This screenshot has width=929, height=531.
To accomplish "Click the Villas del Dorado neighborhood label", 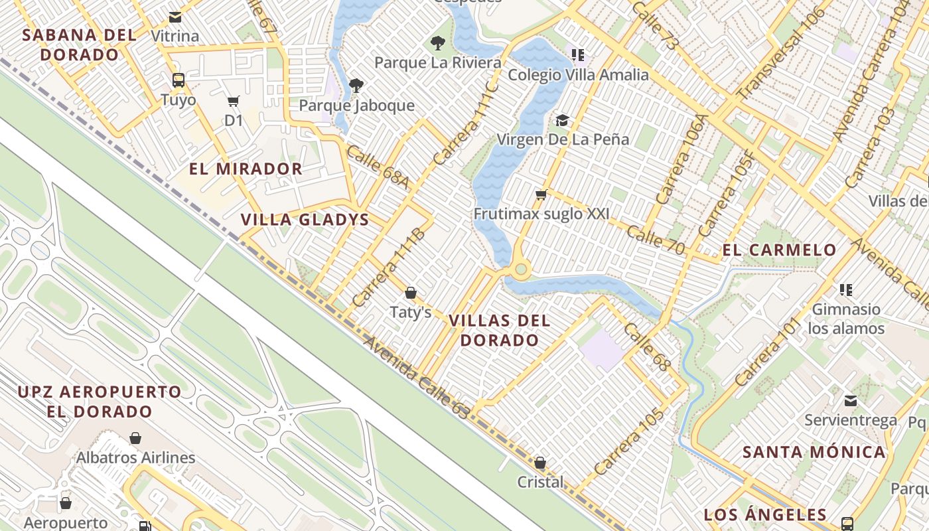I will (499, 331).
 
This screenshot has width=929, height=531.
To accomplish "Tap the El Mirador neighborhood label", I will (246, 169).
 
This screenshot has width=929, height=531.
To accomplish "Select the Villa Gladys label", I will (305, 220).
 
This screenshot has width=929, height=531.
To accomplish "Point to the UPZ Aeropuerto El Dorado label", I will (100, 402).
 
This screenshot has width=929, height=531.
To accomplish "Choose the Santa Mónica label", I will (814, 453).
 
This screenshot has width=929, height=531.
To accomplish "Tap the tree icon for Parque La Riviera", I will (437, 44).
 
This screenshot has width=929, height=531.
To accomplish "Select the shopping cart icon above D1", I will (233, 102).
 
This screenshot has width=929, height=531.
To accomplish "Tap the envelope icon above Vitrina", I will (175, 17).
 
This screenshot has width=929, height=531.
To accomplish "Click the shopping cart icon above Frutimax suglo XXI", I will (541, 195).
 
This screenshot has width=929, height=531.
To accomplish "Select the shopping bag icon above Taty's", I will (411, 293).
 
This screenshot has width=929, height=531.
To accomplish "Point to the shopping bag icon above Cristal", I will (540, 463).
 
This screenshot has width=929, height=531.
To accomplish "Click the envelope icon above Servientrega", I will (850, 401).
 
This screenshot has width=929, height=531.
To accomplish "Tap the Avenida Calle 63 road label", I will (417, 377).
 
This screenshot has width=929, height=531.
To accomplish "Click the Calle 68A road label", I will (377, 167).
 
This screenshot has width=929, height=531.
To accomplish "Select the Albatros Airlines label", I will (135, 458).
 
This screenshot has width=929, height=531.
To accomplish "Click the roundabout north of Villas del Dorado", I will (521, 269).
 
